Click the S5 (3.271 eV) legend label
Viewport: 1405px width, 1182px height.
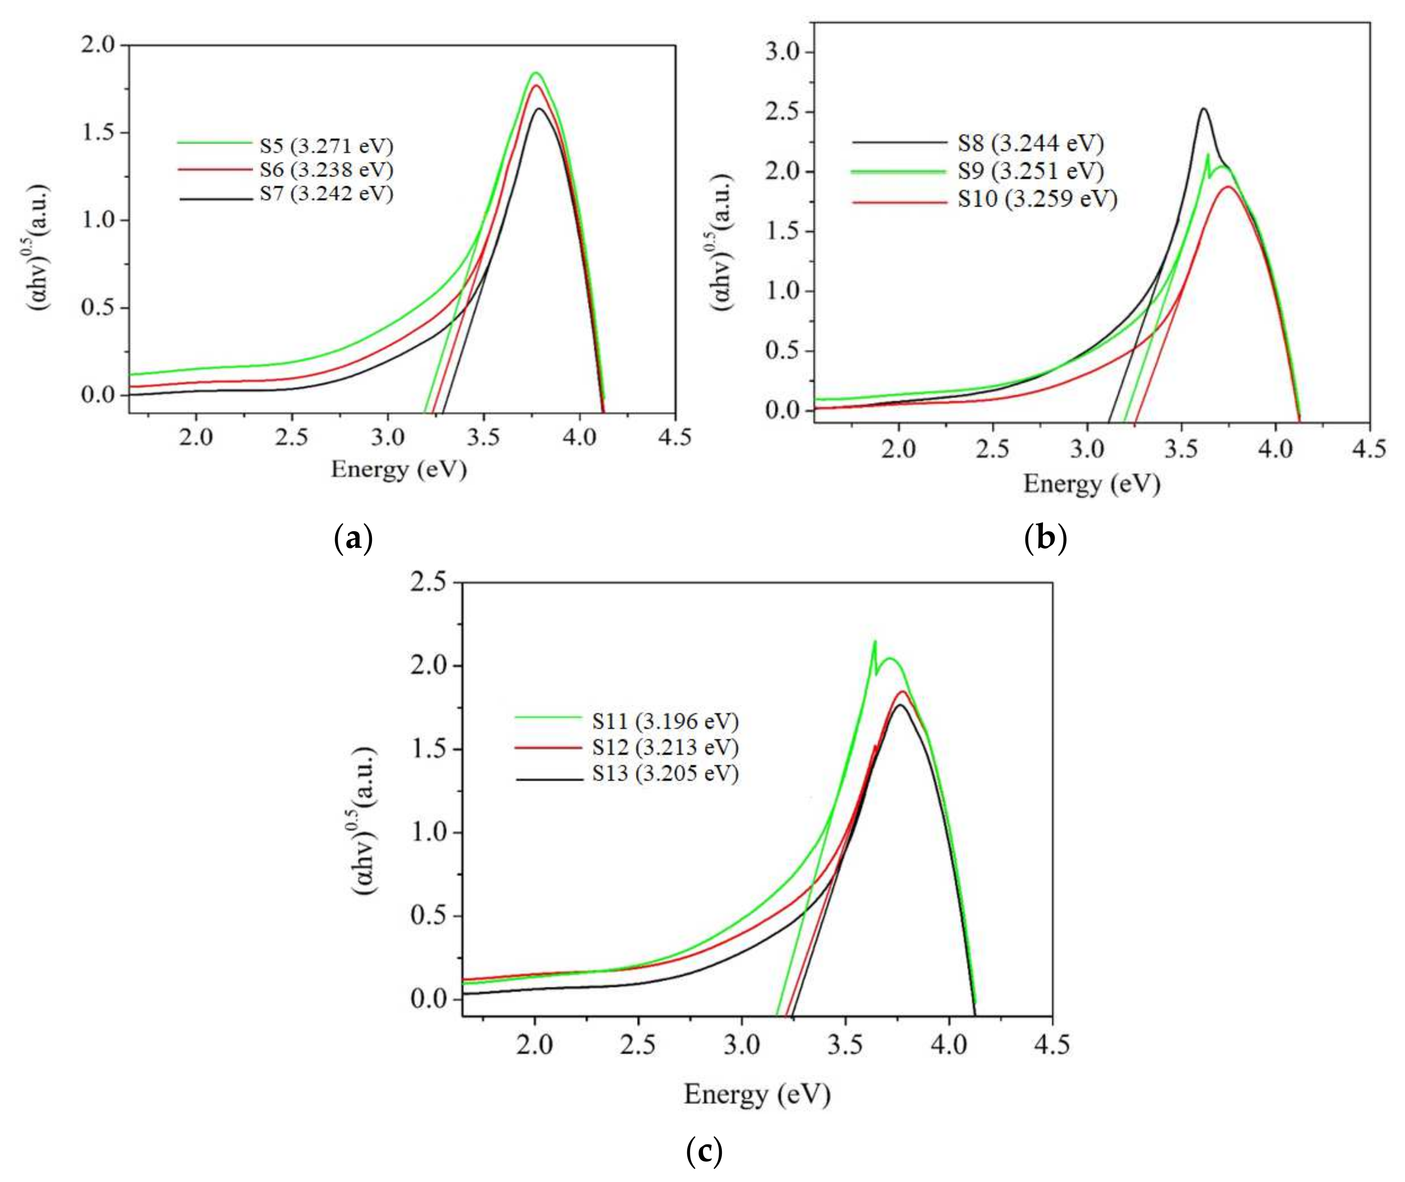click(x=327, y=146)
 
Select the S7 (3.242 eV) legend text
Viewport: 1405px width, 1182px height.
click(x=327, y=194)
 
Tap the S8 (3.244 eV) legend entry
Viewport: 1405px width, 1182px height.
click(x=1030, y=143)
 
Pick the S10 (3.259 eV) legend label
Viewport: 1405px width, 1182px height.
click(x=1037, y=199)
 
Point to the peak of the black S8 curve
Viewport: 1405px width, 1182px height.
click(x=1204, y=109)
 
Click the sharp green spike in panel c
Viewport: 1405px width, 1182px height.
click(x=874, y=642)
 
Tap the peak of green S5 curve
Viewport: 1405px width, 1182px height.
click(x=536, y=73)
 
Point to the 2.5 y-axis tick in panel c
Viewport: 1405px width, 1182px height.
click(x=428, y=582)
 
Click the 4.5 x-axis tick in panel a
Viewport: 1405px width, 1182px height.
click(x=674, y=438)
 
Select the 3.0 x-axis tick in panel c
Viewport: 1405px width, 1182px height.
click(x=742, y=1045)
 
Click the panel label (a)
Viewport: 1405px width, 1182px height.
click(x=353, y=539)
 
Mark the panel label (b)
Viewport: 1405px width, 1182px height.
click(x=1045, y=539)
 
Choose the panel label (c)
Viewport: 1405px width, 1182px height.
click(x=704, y=1152)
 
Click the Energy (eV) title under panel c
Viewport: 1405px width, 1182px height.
click(x=757, y=1095)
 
